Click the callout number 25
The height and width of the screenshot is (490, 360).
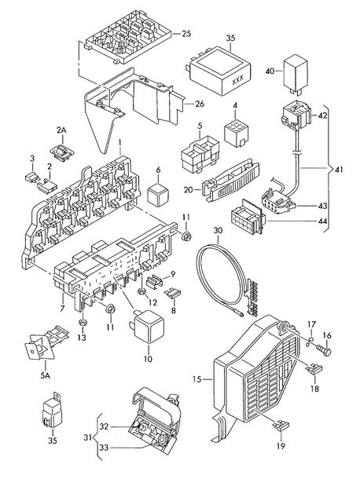point(186,34)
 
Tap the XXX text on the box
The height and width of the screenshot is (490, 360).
point(238,81)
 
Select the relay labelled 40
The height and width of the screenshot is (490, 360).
point(296,75)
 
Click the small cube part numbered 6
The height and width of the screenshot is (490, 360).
point(158,195)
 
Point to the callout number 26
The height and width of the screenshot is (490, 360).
point(200,104)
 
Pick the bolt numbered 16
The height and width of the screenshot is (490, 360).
point(323,350)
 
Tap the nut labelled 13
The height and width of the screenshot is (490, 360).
point(82,322)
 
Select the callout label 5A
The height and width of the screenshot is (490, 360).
point(45,375)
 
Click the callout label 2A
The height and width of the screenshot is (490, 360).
point(61,130)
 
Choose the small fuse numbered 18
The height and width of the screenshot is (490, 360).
point(314,370)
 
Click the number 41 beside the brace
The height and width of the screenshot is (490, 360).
point(339,170)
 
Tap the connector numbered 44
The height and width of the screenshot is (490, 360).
point(248,216)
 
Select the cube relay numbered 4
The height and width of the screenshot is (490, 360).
point(236,133)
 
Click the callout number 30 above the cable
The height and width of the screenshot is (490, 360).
point(218,231)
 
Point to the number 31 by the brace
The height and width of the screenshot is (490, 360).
point(89,437)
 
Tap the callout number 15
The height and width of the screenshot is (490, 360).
point(197,379)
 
